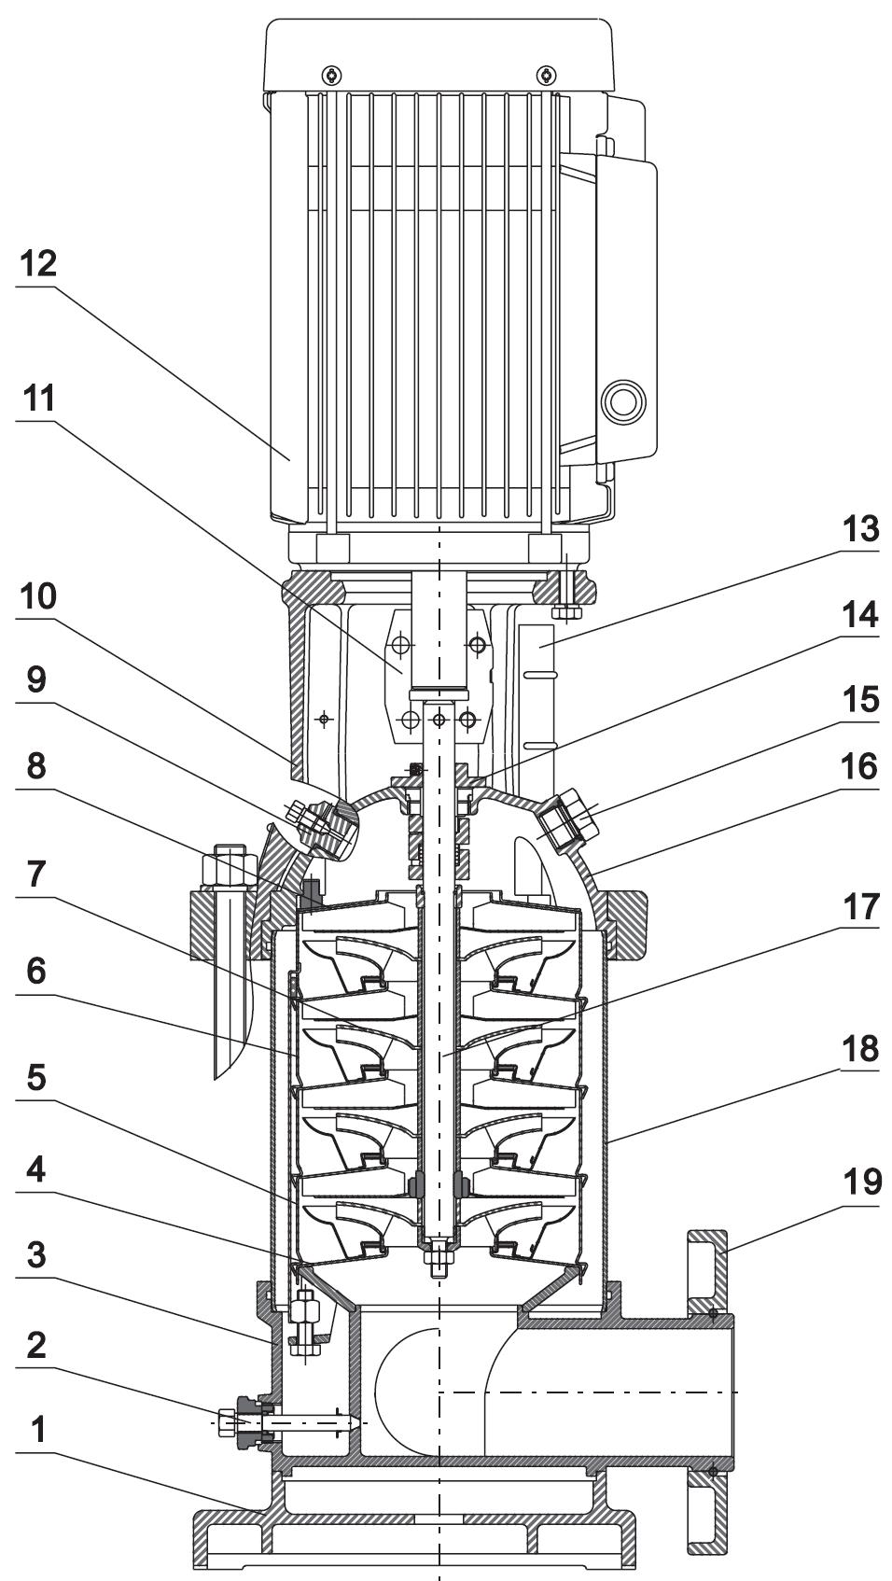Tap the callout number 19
pos(861,1182)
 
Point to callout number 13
pos(860,528)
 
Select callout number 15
pos(860,698)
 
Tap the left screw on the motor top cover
pos(331,74)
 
